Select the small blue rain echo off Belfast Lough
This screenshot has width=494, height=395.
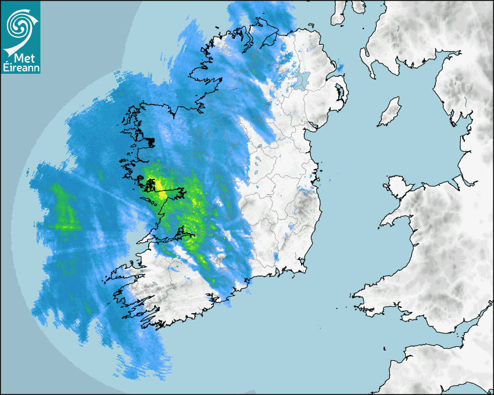pyautogui.click(x=340, y=68)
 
